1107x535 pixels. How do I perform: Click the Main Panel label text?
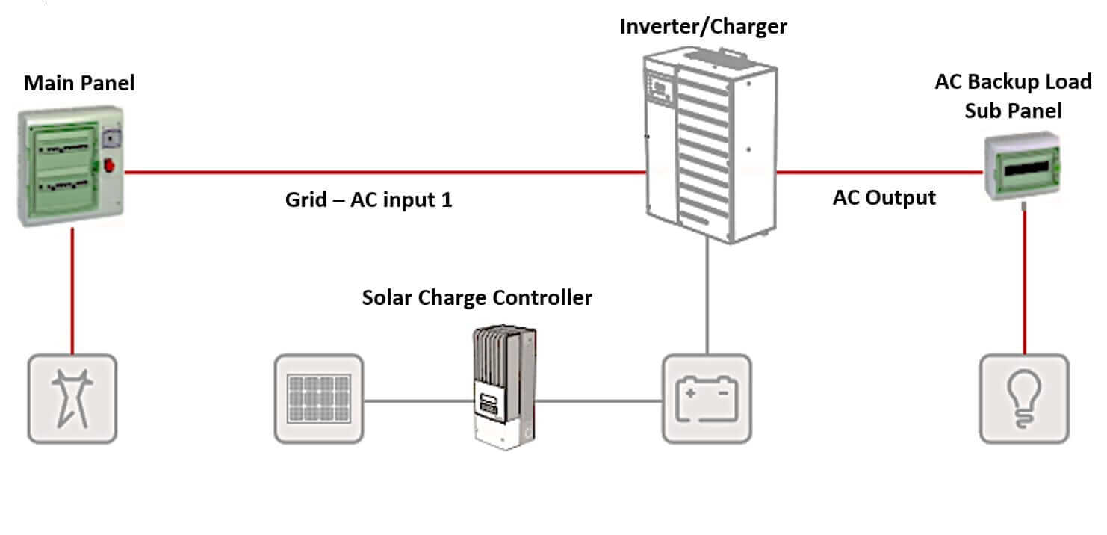point(79,83)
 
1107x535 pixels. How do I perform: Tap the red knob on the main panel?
point(110,165)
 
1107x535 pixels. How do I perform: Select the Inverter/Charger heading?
point(703,27)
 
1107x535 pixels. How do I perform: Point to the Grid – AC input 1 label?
point(368,200)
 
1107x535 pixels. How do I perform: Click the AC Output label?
point(884,198)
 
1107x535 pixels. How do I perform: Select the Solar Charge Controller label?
point(477,297)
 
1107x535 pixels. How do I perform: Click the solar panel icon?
point(319,399)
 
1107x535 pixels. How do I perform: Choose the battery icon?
point(707,399)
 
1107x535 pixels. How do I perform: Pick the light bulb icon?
point(1024,399)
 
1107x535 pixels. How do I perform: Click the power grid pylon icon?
point(72,399)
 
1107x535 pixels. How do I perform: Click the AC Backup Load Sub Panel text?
point(1012,96)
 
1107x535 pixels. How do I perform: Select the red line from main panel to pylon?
point(72,291)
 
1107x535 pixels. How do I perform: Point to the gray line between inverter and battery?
point(707,299)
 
